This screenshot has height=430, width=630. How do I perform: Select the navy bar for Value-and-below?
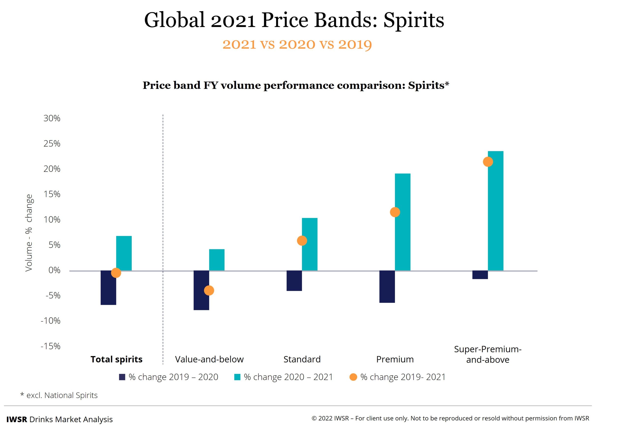(201, 290)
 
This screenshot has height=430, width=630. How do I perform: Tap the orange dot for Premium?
(395, 212)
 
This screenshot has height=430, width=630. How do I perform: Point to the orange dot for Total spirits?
(116, 273)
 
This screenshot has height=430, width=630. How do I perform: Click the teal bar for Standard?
(310, 244)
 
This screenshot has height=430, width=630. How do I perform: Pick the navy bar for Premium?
(387, 286)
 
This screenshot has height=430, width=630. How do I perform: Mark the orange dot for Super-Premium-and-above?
(488, 162)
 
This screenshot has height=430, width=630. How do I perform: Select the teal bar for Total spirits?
(124, 253)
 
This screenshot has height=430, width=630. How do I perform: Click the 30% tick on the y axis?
(52, 118)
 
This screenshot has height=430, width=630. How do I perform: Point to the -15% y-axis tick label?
(50, 346)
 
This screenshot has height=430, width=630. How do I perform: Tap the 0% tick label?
(54, 270)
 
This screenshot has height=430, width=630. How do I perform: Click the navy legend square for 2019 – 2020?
(122, 377)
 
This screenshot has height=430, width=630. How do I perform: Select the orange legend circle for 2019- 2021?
(353, 377)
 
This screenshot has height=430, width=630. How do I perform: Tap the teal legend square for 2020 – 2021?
(237, 377)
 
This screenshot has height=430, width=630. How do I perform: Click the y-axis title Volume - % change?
(29, 233)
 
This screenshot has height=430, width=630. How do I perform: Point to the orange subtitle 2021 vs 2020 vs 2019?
(297, 44)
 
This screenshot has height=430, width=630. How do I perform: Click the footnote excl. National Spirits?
(62, 395)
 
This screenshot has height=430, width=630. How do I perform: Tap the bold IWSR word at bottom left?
(16, 419)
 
